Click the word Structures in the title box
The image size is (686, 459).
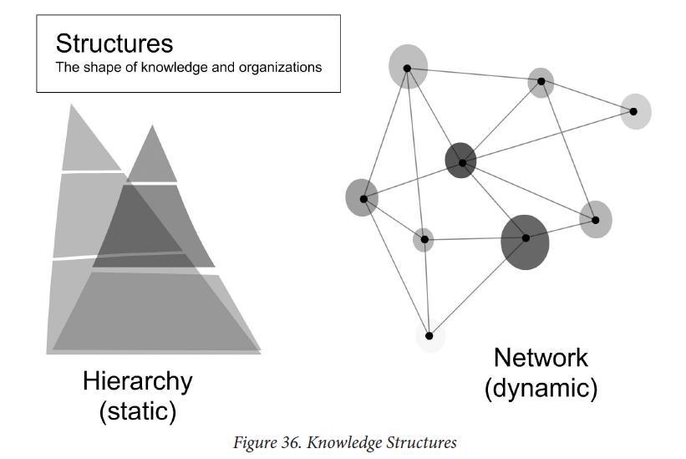114,43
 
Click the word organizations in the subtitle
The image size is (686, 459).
281,67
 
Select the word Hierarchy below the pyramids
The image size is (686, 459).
137,381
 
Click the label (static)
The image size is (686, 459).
137,411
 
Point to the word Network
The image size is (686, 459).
541,358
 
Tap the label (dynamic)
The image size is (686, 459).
541,388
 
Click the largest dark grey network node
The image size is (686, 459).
525,241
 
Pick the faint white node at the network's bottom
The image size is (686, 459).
429,336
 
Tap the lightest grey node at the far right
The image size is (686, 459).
635,111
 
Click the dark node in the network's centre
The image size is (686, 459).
460,161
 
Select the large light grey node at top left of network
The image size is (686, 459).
408,67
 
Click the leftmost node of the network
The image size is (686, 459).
362,198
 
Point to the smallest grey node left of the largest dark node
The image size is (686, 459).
424,240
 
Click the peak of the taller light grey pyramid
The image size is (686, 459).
73,106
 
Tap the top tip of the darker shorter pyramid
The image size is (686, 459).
152,127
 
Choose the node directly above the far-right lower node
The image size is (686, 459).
541,82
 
